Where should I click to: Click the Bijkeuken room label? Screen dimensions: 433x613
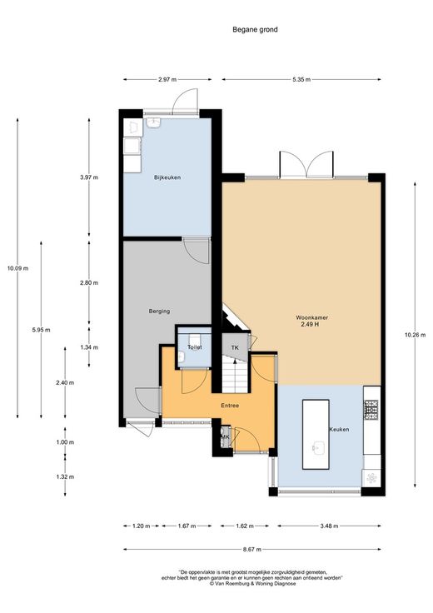[x=167, y=177]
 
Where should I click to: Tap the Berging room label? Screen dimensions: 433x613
[x=159, y=311]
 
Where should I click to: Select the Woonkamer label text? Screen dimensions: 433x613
[x=312, y=317]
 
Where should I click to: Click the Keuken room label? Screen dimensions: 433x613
[x=339, y=429]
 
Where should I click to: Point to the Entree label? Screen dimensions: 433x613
[x=230, y=406]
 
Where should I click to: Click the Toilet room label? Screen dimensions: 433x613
[x=195, y=347]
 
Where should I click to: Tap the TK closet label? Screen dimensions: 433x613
[x=235, y=347]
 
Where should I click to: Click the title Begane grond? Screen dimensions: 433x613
[x=255, y=29]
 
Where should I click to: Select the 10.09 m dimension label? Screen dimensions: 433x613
[x=17, y=268]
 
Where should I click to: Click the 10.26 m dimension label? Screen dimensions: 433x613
[x=415, y=335]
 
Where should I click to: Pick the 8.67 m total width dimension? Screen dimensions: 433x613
[x=252, y=549]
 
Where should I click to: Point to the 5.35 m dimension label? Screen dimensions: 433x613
[x=301, y=80]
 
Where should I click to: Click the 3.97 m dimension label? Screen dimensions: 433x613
[x=89, y=177]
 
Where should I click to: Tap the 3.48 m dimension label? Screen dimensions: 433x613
[x=329, y=526]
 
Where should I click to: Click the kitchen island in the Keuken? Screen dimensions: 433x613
[x=316, y=434]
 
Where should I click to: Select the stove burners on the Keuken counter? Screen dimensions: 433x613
[x=371, y=409]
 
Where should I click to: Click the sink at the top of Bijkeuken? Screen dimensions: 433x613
[x=153, y=122]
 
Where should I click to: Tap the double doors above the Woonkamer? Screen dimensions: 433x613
[x=307, y=165]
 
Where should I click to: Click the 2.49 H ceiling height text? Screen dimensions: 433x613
[x=310, y=324]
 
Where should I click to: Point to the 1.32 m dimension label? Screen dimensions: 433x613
[x=65, y=477]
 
